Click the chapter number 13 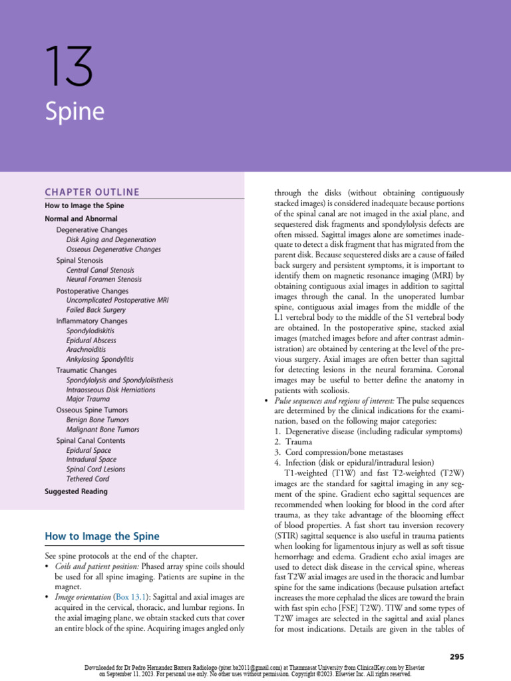click(x=69, y=67)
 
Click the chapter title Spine click(x=75, y=111)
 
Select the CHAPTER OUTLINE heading click(x=92, y=193)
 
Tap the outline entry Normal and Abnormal click(x=81, y=218)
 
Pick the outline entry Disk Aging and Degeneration click(x=111, y=239)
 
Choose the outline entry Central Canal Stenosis click(x=100, y=271)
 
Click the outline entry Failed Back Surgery click(x=96, y=310)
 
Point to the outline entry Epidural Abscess click(x=91, y=340)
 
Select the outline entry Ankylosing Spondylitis click(x=100, y=359)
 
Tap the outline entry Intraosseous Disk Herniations click(x=110, y=390)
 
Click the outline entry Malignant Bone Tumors click(x=102, y=430)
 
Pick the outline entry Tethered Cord click(x=88, y=479)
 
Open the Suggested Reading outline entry click(x=76, y=492)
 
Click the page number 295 click(x=456, y=657)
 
